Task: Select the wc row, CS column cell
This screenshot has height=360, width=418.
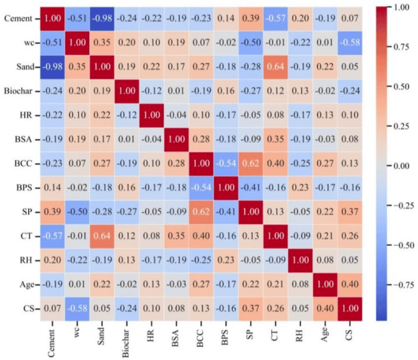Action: [349, 42]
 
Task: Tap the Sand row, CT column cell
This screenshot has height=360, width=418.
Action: [274, 66]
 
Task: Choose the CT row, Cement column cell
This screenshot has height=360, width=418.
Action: [53, 236]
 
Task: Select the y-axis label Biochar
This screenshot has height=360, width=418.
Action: [18, 90]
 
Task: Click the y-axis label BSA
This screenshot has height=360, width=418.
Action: [23, 139]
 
